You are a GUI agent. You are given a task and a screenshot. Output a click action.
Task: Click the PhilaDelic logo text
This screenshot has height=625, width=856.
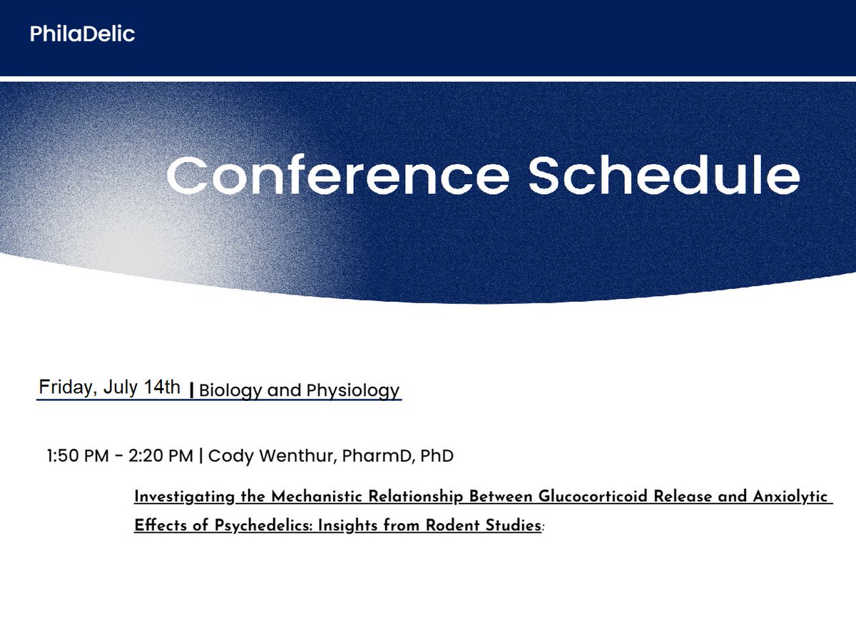[x=82, y=34]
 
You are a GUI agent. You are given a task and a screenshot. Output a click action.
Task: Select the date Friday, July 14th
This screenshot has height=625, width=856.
[x=110, y=387]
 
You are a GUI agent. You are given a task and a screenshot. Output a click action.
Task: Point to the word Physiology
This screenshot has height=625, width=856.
[x=353, y=391]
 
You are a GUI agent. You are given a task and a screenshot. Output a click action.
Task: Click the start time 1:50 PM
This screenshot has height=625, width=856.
[x=76, y=455]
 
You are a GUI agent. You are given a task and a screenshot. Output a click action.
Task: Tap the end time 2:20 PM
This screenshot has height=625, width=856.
[x=160, y=455]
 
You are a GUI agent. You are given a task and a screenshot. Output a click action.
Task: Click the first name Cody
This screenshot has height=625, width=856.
[x=230, y=455]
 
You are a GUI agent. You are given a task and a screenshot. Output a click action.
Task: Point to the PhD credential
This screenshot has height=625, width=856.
[x=437, y=455]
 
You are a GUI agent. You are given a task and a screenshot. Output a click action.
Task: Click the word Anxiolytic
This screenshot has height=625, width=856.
[x=792, y=497]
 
